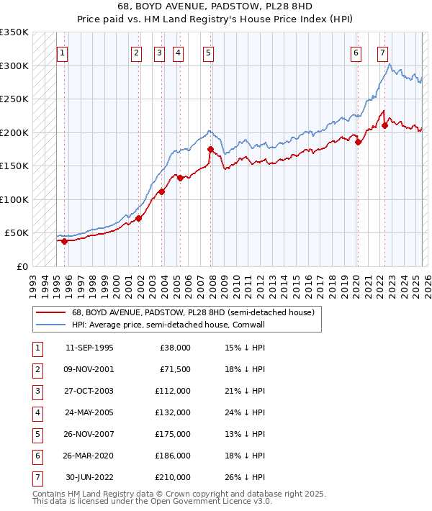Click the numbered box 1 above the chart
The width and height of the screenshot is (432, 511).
63,52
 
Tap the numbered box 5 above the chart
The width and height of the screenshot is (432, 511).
208,52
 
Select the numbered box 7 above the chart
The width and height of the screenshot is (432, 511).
382,52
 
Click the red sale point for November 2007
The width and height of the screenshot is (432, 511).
210,150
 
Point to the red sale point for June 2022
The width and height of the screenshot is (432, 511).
384,125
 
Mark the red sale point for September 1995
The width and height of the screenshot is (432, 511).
65,241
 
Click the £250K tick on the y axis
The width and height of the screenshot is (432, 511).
14,99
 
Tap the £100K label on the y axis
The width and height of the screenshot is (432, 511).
14,199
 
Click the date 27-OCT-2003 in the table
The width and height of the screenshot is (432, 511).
89,392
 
